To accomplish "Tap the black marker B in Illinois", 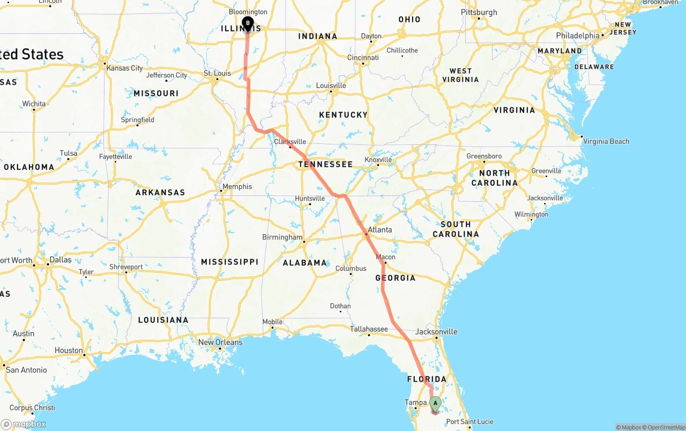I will [248, 23].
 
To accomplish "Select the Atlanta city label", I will [379, 230].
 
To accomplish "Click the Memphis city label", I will [237, 187].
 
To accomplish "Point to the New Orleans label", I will [220, 342].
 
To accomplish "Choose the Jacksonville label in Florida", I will [436, 332].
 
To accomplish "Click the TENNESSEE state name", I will [325, 164].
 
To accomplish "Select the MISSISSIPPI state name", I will [229, 262].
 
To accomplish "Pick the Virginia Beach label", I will [606, 142].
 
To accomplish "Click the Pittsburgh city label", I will [479, 12].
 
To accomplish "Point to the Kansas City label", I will [125, 68].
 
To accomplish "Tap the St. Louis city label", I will [217, 74].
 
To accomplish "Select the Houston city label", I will [69, 350].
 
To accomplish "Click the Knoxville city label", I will [378, 160].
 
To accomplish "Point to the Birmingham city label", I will [282, 237].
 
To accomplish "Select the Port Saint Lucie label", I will [469, 422].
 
